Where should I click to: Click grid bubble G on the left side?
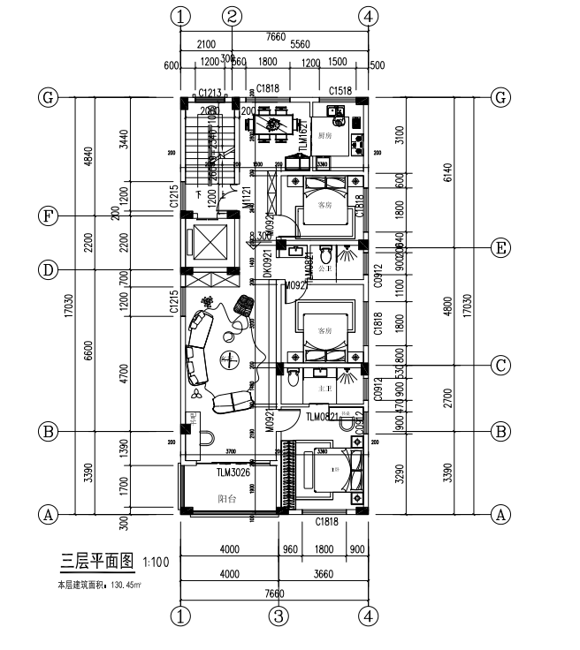48,96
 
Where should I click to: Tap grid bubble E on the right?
501,248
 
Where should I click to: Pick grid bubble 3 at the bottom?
279,615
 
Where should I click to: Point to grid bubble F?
48,215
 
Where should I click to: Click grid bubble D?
48,268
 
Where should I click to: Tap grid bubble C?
501,365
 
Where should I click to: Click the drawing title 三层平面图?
95,559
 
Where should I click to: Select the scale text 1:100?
156,561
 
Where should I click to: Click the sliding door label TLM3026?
233,472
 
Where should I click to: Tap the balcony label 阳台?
227,498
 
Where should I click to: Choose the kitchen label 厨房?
325,135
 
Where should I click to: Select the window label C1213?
210,92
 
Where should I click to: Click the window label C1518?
341,91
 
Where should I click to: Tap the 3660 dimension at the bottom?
324,573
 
